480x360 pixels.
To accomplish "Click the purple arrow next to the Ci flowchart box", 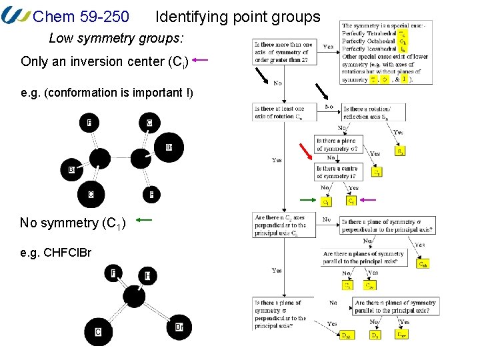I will pyautogui.click(x=368, y=200).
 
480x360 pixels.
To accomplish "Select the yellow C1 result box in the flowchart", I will pyautogui.click(x=325, y=201).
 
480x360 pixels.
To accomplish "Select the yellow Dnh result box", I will pyautogui.click(x=347, y=335).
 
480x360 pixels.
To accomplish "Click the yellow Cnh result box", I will pyautogui.click(x=423, y=264).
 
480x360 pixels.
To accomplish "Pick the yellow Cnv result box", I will pyautogui.click(x=369, y=285).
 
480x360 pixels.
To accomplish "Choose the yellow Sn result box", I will pyautogui.click(x=400, y=152).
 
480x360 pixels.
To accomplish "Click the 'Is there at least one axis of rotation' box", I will pyautogui.click(x=279, y=112).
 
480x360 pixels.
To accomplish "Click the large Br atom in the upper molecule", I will pyautogui.click(x=168, y=147).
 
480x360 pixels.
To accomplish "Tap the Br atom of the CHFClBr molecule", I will pyautogui.click(x=178, y=327).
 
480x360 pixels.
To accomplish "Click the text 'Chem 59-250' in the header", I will pyautogui.click(x=81, y=17).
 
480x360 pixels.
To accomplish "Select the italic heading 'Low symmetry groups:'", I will pyautogui.click(x=116, y=37).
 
